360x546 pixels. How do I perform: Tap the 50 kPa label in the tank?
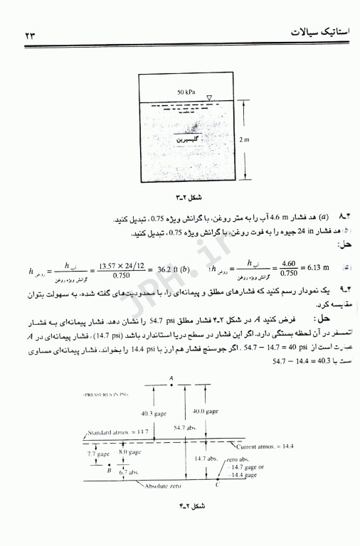pyautogui.click(x=186, y=92)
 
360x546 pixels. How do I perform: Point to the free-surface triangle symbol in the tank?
pyautogui.click(x=208, y=98)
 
